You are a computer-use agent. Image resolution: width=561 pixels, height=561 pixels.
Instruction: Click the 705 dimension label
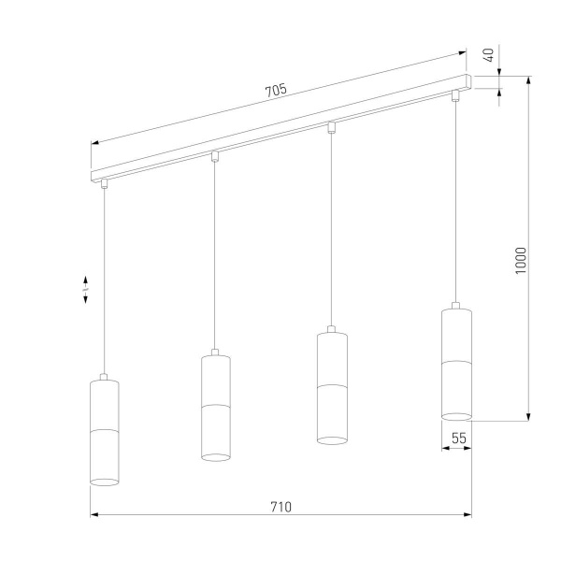point(275,91)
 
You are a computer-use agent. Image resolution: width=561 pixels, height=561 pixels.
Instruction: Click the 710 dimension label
point(281,507)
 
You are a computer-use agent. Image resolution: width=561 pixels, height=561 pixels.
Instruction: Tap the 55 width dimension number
point(458,437)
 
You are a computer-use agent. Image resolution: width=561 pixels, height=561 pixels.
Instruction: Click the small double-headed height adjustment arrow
point(86,290)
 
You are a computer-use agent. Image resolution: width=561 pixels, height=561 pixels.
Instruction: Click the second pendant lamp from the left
point(216,407)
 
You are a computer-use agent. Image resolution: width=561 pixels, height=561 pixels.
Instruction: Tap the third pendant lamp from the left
point(331,387)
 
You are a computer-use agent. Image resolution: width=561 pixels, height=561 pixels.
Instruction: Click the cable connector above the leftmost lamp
point(105,182)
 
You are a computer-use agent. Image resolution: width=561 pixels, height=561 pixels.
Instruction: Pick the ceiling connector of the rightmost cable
point(456,94)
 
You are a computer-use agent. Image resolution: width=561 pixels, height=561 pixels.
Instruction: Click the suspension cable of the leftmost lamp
point(105,280)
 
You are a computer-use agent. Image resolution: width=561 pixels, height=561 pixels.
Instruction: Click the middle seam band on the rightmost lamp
point(456,360)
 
